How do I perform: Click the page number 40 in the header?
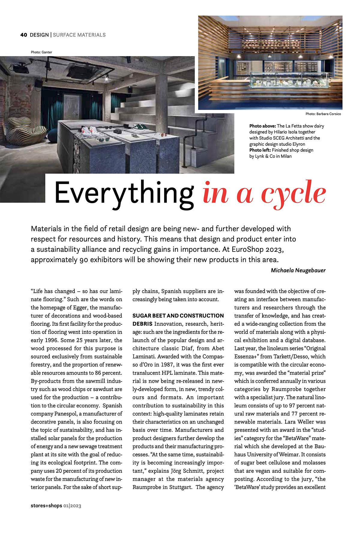[x=24, y=35]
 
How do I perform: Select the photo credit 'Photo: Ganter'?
[x=41, y=52]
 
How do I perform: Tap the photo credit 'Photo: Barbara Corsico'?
[x=323, y=114]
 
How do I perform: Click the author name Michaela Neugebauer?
[x=298, y=270]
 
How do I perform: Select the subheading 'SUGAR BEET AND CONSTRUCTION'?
[x=178, y=316]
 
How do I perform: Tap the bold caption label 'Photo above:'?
[x=262, y=126]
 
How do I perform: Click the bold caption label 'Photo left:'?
[x=260, y=150]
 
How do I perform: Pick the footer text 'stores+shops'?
[x=46, y=505]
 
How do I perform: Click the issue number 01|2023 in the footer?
[x=72, y=506]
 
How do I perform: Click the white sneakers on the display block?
[x=90, y=131]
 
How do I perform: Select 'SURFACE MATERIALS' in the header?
[x=79, y=35]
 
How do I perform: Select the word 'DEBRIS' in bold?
[x=142, y=324]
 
